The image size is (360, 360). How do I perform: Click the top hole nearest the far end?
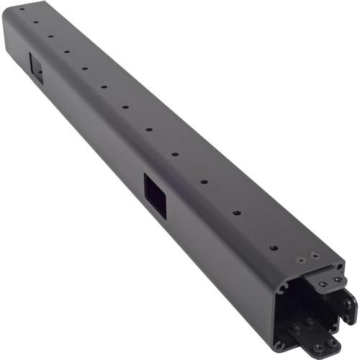(21, 9)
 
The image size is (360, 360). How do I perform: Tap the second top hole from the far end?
(35, 22)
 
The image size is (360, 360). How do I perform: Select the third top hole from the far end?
(50, 35)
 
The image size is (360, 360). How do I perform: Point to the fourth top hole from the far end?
(67, 51)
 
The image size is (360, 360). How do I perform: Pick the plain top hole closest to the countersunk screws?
(273, 248)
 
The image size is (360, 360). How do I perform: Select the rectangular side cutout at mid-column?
(156, 194)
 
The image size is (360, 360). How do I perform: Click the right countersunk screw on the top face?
(314, 254)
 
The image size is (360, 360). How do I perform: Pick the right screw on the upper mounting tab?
(337, 279)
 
